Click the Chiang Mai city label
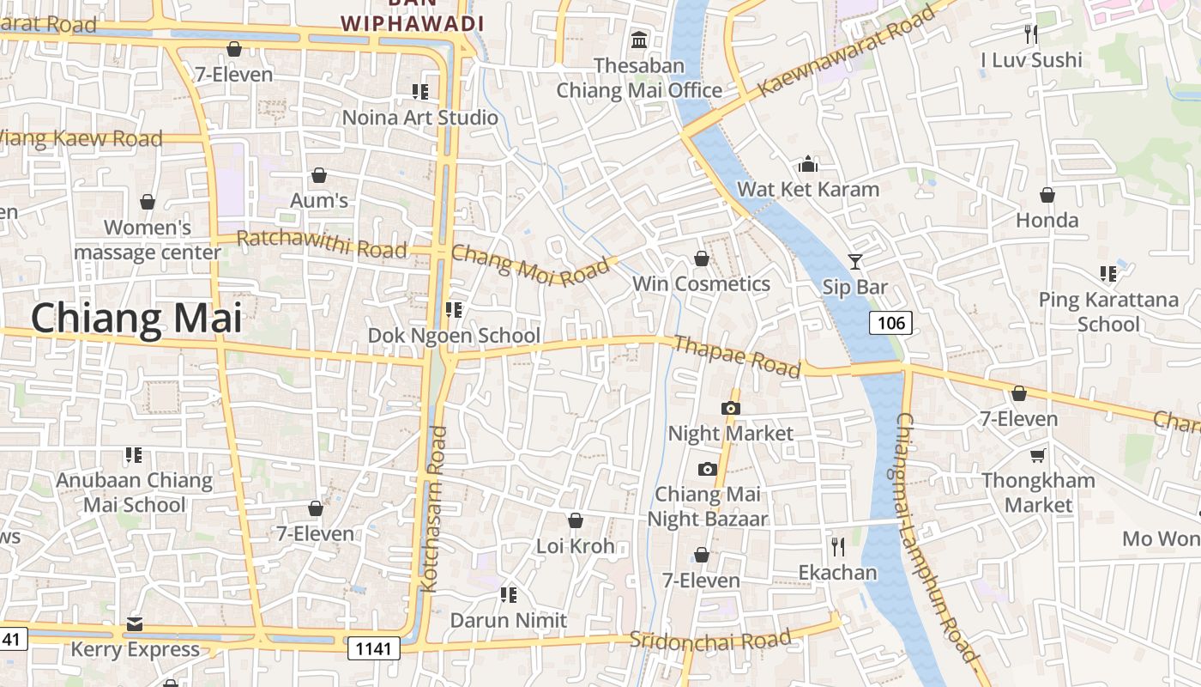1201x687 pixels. coord(136,318)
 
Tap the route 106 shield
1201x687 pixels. coord(891,323)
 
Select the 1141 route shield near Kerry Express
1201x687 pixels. coord(374,647)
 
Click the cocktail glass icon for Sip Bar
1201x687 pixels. coord(854,261)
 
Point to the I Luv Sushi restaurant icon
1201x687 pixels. coord(1031,33)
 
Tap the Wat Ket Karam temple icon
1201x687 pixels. coord(808,163)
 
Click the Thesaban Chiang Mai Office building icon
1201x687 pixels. coord(639,40)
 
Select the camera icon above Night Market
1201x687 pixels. coord(731,408)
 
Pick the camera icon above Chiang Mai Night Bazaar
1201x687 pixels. coord(707,469)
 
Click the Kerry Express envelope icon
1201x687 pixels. coord(135,624)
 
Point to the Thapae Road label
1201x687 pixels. coord(737,356)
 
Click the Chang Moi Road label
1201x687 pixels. coord(529,264)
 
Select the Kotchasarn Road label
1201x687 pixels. coord(434,508)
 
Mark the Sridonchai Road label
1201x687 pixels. coord(710,641)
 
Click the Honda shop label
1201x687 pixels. coord(1047,220)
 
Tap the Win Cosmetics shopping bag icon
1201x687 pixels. coord(702,258)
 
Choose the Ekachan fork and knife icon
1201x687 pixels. coord(838,546)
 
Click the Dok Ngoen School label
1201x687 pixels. coord(454,335)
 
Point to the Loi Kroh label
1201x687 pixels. coord(576,546)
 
